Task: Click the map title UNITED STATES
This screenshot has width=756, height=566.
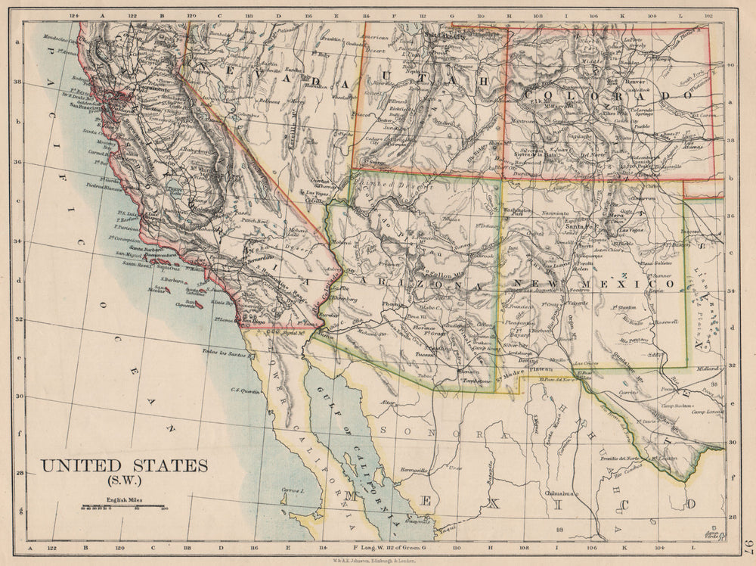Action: (124, 465)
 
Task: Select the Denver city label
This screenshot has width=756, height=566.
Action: (634, 81)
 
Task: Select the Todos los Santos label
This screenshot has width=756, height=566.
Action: (224, 353)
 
